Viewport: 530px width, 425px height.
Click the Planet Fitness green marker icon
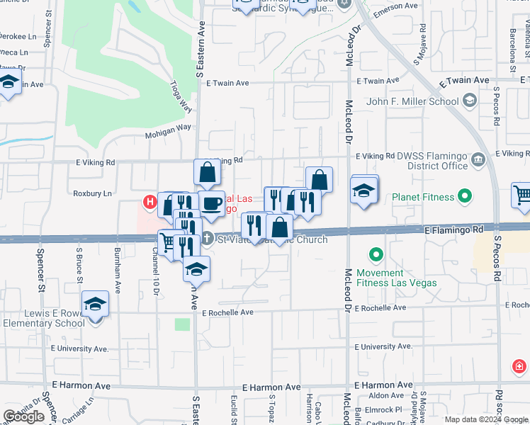465,196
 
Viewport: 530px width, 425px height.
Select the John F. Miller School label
412,101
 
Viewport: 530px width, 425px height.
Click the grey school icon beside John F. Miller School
469,101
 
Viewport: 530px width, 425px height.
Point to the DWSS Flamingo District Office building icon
478,160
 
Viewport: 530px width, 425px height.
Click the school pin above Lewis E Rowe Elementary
95,304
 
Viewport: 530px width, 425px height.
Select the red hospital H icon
150,202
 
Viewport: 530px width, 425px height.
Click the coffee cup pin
211,203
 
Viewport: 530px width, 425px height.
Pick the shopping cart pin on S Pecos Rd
522,195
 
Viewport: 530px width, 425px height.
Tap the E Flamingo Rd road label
453,230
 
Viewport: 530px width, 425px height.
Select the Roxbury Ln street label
92,193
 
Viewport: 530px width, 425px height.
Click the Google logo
23,416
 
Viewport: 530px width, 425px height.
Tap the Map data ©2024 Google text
485,419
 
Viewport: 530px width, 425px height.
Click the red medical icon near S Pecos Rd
519,366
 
